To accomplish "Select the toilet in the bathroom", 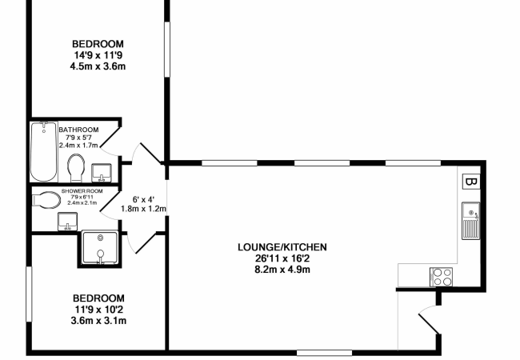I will pyautogui.click(x=77, y=169).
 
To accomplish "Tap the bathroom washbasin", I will pyautogui.click(x=101, y=171).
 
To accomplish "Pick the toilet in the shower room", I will pyautogui.click(x=47, y=198).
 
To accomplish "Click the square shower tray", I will pyautogui.click(x=100, y=249).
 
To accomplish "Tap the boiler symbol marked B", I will pyautogui.click(x=471, y=181).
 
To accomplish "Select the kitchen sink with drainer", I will pyautogui.click(x=470, y=221).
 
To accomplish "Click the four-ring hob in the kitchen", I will pyautogui.click(x=442, y=276).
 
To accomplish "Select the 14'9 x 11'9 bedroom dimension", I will pyautogui.click(x=98, y=55).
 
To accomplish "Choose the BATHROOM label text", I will pyautogui.click(x=78, y=130).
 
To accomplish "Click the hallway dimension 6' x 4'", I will pyautogui.click(x=142, y=200).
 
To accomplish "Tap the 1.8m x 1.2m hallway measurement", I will pyautogui.click(x=142, y=209).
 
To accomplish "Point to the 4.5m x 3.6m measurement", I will pyautogui.click(x=98, y=66).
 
